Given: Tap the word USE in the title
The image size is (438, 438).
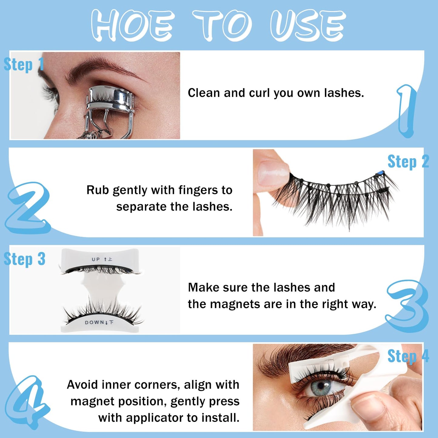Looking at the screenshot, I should point(307,25).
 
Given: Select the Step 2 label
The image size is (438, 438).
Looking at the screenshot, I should point(408,162).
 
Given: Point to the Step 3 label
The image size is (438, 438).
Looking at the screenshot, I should point(25,259).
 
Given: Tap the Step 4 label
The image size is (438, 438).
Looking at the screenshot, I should point(408,356).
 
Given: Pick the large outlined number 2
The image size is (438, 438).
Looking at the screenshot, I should point(28,209).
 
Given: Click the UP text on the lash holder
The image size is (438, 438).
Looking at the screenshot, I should point(96,259).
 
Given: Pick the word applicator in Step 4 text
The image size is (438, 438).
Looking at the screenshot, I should point(155,418).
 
